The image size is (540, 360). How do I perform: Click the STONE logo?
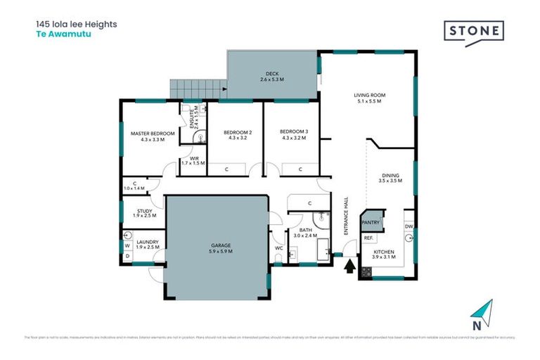point(474,32)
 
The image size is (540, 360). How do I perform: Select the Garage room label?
point(220,247)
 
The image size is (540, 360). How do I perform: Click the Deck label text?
point(273,77)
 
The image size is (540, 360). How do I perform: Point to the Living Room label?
point(369,98)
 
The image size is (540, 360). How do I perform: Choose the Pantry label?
point(371,223)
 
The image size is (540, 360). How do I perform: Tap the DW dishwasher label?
point(408,226)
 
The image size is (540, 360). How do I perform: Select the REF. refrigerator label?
point(368,238)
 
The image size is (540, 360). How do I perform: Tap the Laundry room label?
point(148,245)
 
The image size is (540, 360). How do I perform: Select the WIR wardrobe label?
point(192,161)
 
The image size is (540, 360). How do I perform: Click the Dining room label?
point(390,178)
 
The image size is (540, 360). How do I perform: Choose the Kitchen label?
point(384,254)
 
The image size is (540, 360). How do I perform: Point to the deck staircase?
point(196,89)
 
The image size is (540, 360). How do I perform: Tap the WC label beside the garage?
point(278,248)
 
